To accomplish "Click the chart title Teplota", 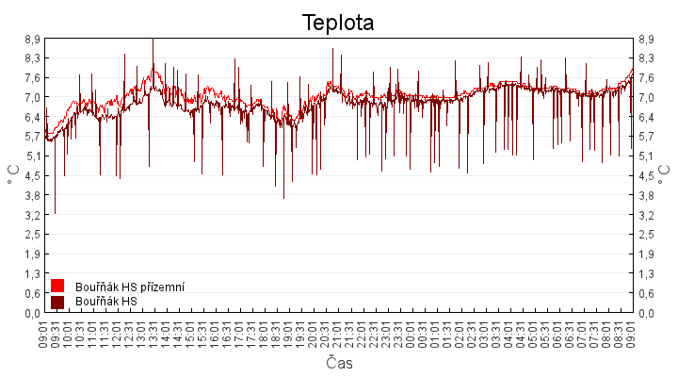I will [338, 22].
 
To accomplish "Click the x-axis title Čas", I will [339, 363].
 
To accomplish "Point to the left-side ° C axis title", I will [13, 175].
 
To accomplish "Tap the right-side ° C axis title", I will [665, 175].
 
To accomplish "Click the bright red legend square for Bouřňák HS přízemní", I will [57, 286].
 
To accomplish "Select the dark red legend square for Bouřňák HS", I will [57, 302].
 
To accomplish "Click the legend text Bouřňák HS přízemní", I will [130, 287].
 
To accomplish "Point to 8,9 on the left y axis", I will [32, 39].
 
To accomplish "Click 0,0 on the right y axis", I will [646, 312].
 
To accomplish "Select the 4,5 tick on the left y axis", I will [32, 175].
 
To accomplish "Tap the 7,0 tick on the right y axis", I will [646, 97].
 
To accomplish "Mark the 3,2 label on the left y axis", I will [32, 215].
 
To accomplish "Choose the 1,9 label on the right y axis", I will [646, 254].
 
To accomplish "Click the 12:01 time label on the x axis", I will [117, 333].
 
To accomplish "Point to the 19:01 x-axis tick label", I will [288, 333].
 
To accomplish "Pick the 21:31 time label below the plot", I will [349, 333].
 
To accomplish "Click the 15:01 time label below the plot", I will [190, 333].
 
